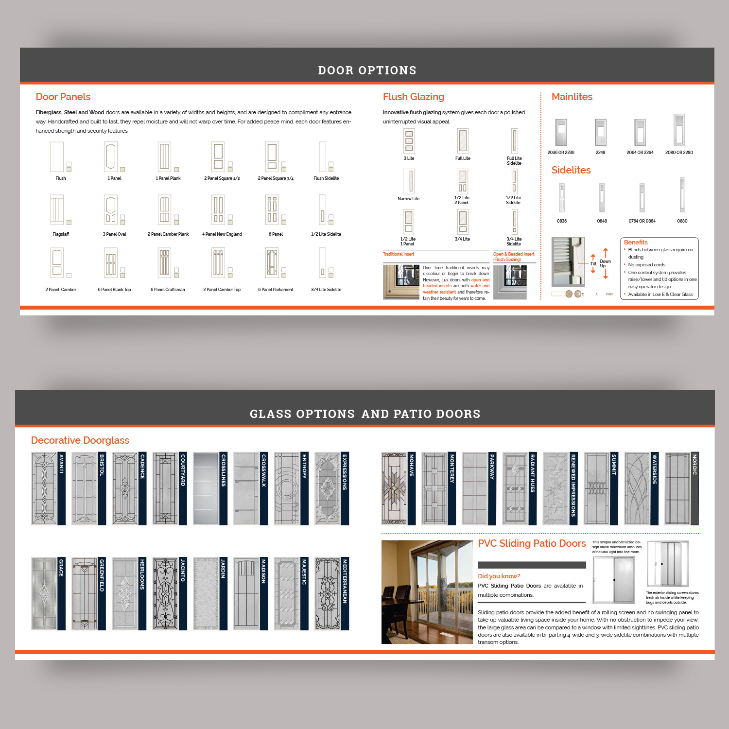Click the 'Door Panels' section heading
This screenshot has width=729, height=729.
point(63,97)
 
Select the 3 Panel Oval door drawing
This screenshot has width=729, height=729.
point(111,209)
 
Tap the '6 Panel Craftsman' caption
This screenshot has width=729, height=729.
point(168,290)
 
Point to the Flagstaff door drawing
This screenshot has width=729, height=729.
point(57,209)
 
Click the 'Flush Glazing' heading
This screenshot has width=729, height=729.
point(413,97)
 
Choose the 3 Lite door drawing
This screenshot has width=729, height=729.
point(409,141)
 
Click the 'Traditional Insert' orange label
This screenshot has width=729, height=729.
point(399,254)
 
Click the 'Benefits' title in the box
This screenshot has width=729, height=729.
point(636,242)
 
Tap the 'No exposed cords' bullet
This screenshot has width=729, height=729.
point(646,265)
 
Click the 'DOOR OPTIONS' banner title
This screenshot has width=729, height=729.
point(367,70)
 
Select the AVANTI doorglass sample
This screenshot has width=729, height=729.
point(44,488)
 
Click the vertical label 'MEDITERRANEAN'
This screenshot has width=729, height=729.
point(345,581)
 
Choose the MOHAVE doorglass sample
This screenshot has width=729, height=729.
point(394,488)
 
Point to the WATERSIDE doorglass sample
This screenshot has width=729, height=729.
point(637,488)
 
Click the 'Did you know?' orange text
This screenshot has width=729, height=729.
point(499,576)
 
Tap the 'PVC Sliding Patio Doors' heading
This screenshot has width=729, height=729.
point(532,543)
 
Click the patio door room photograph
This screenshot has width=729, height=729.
point(427,592)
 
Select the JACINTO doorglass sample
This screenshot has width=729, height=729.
point(165,594)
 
